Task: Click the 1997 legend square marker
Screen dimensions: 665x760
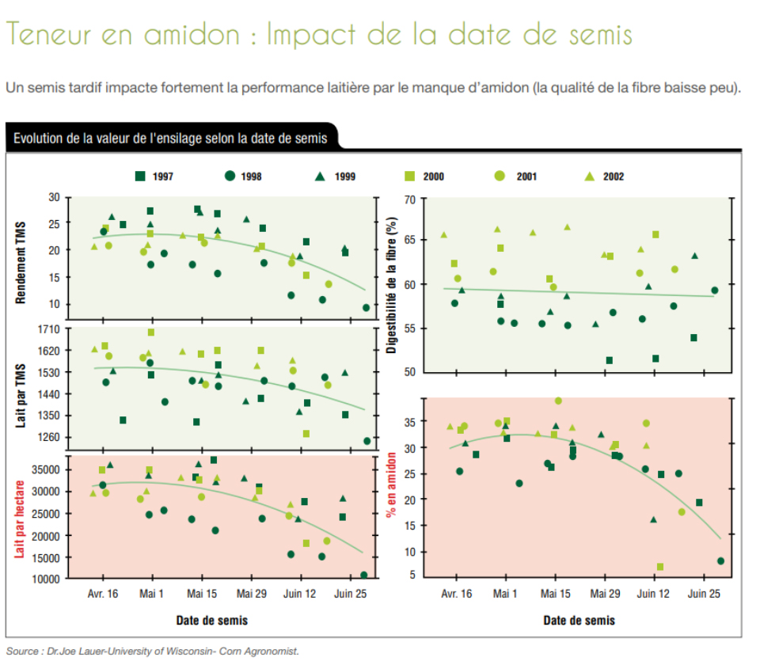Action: point(139,176)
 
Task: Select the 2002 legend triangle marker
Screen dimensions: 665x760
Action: point(589,176)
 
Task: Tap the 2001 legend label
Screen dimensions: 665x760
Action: point(526,177)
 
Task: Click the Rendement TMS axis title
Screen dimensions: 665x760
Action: point(22,253)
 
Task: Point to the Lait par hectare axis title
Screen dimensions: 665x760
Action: point(22,516)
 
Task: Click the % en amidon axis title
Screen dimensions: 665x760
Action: point(390,485)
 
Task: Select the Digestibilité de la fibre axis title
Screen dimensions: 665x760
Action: point(390,286)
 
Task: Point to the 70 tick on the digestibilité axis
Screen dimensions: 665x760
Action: point(410,199)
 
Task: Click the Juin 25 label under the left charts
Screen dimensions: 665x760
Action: point(349,593)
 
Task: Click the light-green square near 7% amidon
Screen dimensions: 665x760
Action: point(660,567)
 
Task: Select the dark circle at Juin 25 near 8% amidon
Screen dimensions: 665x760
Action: point(720,560)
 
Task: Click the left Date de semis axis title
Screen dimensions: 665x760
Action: point(213,620)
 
